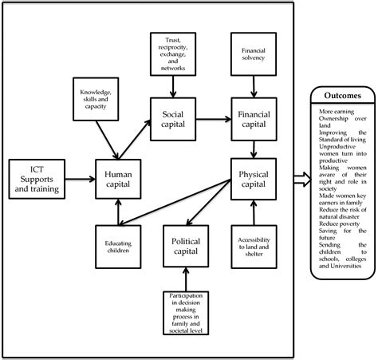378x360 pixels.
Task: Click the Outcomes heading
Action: click(x=337, y=95)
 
